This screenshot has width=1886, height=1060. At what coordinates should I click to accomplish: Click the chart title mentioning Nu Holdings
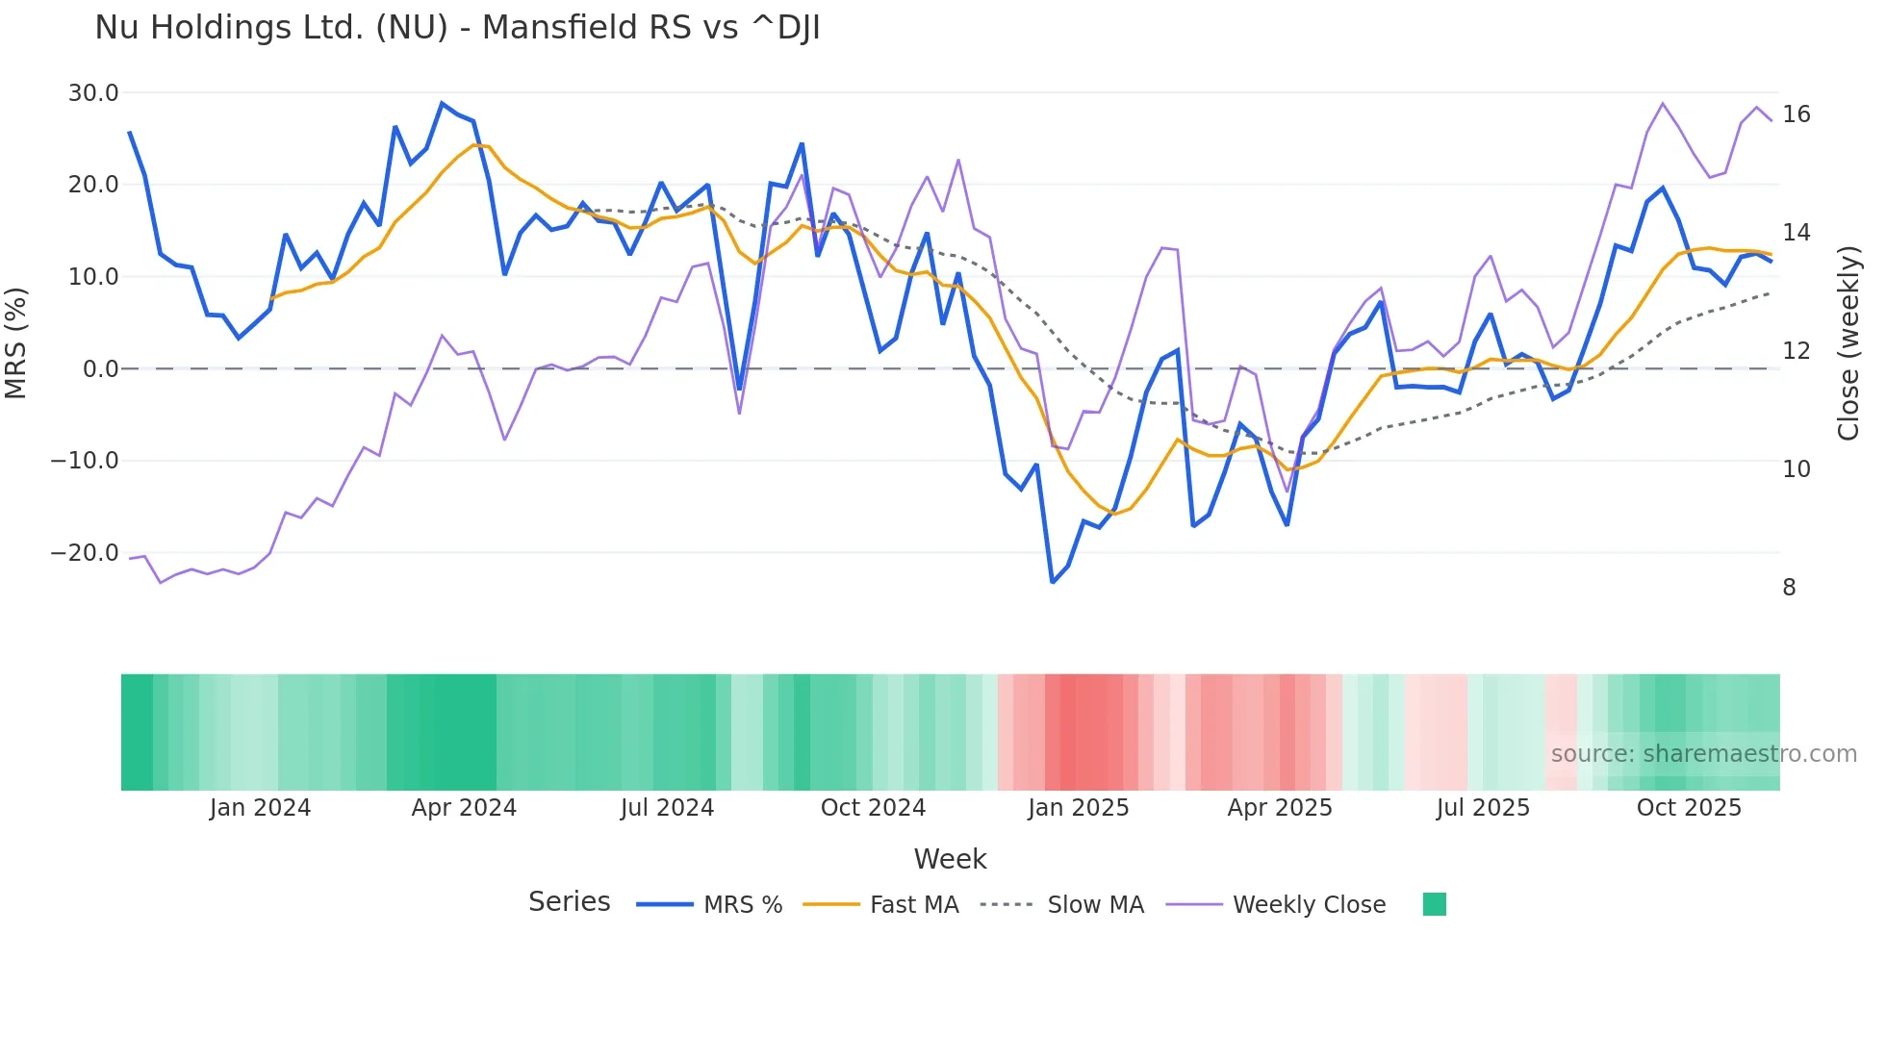(x=457, y=28)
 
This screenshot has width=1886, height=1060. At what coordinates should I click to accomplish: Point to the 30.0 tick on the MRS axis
(x=93, y=93)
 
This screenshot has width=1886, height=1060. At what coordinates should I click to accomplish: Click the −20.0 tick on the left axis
(x=85, y=553)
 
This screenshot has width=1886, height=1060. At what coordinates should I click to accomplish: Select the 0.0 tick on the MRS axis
(x=100, y=369)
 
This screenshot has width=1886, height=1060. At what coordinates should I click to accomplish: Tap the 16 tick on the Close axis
(x=1796, y=114)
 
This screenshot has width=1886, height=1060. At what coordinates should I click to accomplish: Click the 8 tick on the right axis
(x=1789, y=588)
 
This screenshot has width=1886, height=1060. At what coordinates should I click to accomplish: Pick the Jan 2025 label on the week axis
(x=1078, y=808)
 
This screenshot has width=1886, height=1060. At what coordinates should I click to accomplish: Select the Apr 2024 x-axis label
(x=464, y=808)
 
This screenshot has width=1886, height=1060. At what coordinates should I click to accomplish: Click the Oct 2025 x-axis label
(x=1689, y=808)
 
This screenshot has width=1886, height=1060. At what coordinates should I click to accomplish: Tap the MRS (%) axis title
(x=16, y=342)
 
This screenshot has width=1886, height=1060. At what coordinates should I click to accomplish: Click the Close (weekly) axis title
(x=1848, y=343)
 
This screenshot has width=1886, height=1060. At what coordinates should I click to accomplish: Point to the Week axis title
(x=950, y=859)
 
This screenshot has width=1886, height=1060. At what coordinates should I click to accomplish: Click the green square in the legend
(x=1434, y=904)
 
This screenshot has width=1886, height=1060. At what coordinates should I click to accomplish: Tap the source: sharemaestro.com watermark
(x=1703, y=754)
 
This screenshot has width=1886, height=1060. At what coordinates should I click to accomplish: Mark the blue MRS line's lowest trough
(x=1053, y=582)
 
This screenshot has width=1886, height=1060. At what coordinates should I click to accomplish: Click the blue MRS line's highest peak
(x=442, y=103)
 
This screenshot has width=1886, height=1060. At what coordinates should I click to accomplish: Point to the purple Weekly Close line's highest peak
(x=1663, y=103)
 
